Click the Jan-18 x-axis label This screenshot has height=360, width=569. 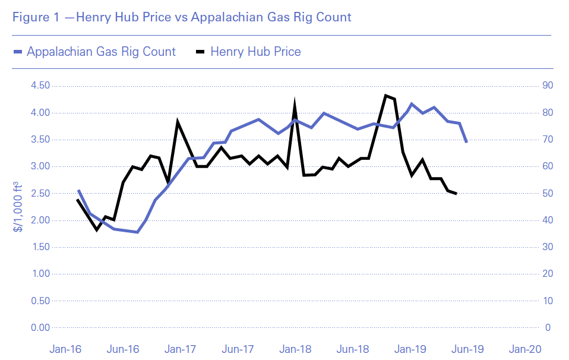tap(295, 349)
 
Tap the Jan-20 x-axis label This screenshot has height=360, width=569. tap(525, 349)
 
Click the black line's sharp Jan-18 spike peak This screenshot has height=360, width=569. tap(295, 105)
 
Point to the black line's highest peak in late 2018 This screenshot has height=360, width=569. tap(385, 95)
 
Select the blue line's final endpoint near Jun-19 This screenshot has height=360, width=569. tap(467, 142)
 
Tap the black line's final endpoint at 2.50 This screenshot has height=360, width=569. tap(456, 194)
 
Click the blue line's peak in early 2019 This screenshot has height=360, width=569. tap(412, 104)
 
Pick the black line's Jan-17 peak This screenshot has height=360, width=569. tap(178, 122)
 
